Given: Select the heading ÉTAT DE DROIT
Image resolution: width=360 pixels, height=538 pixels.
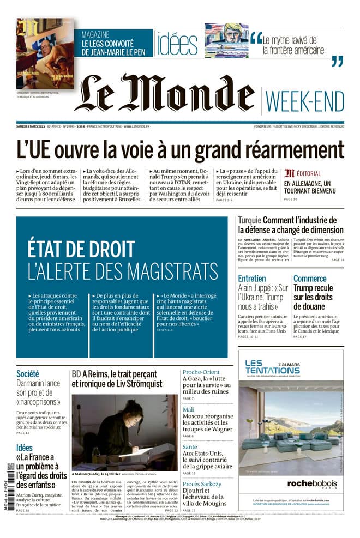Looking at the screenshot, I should [81, 249].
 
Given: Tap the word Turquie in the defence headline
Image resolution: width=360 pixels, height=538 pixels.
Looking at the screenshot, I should [249, 220].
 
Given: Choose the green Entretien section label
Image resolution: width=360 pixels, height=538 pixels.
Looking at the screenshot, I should [252, 278].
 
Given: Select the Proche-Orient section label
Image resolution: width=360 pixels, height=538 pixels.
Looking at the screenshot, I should [201, 373].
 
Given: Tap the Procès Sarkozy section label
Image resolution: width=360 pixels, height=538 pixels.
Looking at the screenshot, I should [202, 484].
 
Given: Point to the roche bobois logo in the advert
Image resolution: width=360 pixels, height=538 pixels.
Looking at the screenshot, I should [291, 483].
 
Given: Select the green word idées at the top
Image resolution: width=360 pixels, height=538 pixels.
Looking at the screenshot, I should [177, 44].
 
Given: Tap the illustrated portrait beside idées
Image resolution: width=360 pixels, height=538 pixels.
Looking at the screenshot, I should [226, 40].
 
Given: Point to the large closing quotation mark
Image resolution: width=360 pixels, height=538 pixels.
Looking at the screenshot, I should [338, 61].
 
